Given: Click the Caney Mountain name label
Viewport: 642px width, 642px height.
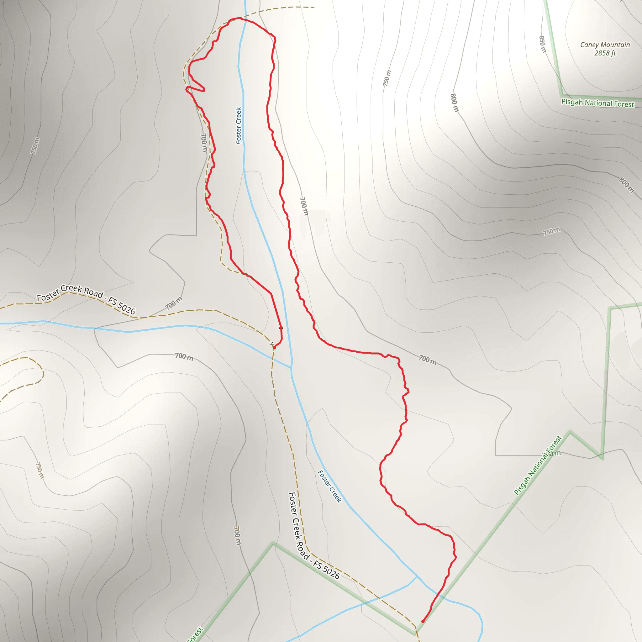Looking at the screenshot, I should click(x=605, y=45).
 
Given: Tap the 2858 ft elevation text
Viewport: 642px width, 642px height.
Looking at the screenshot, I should click(x=605, y=53).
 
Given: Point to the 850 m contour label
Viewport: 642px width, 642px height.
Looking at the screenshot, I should click(x=542, y=44).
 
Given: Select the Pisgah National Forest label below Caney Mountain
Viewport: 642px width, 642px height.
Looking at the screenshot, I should click(x=597, y=103).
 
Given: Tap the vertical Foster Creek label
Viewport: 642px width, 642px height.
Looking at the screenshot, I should click(x=239, y=126).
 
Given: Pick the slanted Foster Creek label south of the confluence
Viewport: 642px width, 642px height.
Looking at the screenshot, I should click(x=329, y=486).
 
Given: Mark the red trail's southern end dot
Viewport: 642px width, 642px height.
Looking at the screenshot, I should click(x=423, y=621).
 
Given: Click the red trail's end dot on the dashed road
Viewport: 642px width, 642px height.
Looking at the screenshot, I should click(x=274, y=348).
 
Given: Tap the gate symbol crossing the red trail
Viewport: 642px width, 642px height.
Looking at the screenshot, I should click(x=281, y=328).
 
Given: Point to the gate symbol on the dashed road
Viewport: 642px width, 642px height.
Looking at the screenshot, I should click(x=272, y=343).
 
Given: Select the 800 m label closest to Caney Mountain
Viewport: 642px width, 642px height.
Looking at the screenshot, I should click(x=454, y=103).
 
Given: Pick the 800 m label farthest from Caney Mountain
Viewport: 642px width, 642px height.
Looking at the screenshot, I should click(x=626, y=185).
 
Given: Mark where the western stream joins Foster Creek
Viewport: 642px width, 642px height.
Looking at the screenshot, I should click(x=291, y=367).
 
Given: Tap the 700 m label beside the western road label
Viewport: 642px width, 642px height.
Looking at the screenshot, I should click(x=174, y=303).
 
